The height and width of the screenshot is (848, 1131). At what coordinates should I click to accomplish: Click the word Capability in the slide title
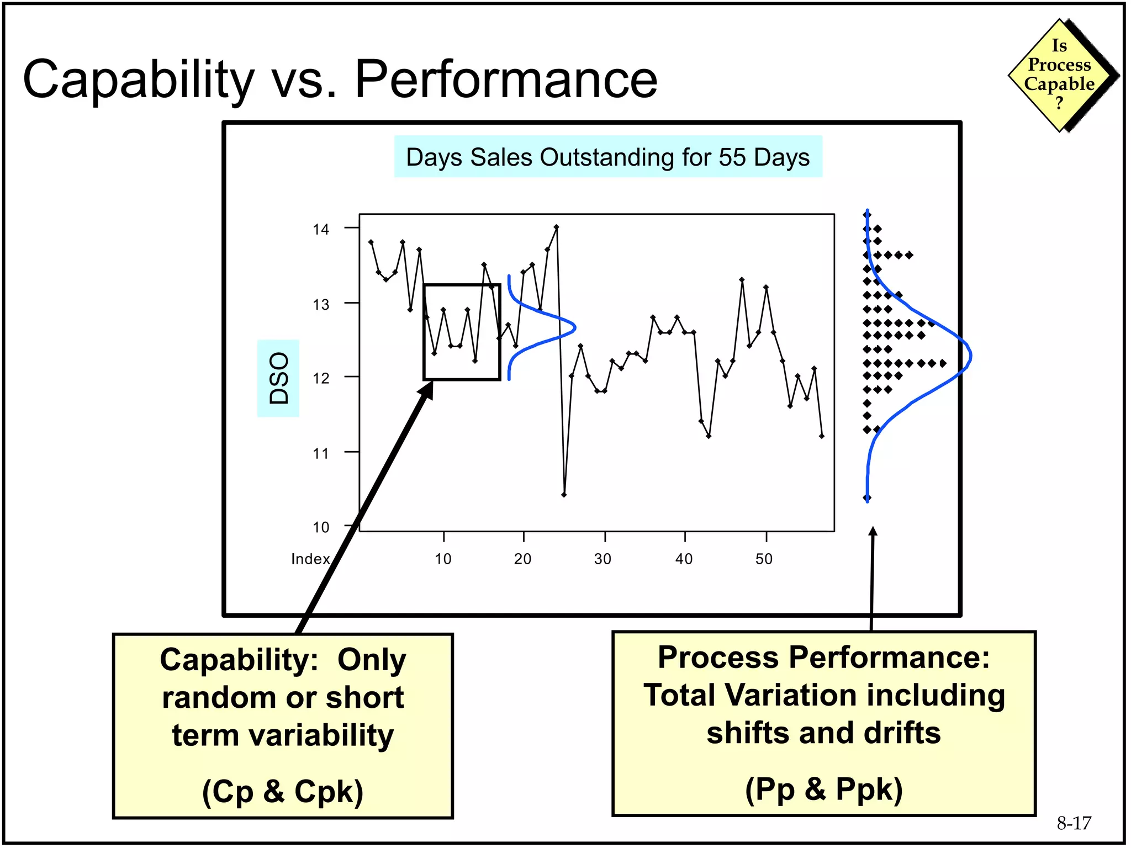pos(138,80)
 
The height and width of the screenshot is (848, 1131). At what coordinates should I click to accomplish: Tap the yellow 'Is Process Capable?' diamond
pos(1059,75)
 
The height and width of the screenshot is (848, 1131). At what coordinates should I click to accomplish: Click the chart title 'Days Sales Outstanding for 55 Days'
pos(607,157)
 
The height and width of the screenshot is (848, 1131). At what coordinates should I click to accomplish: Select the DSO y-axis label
pos(278,378)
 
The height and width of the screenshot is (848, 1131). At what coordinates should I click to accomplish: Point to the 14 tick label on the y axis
pos(320,229)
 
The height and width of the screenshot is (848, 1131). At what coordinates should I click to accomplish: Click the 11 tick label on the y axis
pos(320,454)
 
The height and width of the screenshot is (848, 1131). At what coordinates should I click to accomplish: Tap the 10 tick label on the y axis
pos(320,528)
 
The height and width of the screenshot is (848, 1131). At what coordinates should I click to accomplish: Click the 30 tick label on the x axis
pos(603,559)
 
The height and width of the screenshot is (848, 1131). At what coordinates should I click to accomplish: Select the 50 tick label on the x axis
pos(764,559)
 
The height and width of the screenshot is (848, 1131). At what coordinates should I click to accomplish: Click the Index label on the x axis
pos(310,559)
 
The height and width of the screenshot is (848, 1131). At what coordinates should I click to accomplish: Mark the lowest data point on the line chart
pos(564,495)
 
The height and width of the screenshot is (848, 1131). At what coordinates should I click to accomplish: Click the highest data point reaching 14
pos(556,227)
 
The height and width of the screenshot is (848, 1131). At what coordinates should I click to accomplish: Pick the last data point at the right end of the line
pos(822,436)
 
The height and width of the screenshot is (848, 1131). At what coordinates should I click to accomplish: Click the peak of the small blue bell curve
pos(575,328)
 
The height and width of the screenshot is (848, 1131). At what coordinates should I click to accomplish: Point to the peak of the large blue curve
pos(970,357)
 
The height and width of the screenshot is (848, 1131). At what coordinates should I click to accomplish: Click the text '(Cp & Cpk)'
pos(282,791)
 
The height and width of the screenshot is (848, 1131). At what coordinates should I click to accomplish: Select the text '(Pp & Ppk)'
pos(823,788)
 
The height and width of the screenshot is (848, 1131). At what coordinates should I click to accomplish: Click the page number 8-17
pos(1074,823)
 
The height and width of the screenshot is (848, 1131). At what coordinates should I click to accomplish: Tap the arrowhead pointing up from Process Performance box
pos(873,531)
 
